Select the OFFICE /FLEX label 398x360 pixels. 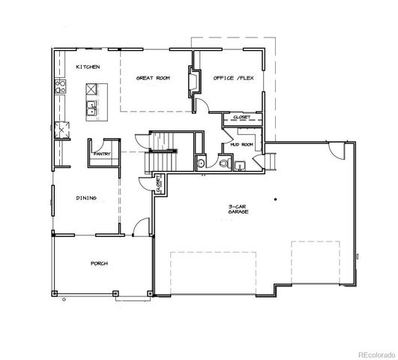pyautogui.click(x=230, y=78)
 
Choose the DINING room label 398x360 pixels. pyautogui.click(x=86, y=198)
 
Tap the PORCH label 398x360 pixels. pyautogui.click(x=97, y=265)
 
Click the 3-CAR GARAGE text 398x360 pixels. pyautogui.click(x=239, y=211)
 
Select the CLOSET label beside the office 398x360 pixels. pyautogui.click(x=241, y=117)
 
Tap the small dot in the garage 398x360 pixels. pyautogui.click(x=276, y=199)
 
